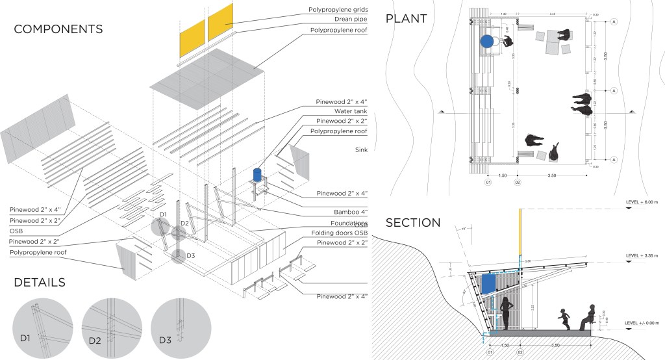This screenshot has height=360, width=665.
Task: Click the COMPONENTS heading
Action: coord(58,29)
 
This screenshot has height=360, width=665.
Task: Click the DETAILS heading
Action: coord(40,282)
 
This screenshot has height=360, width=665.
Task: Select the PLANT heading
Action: coord(406,18)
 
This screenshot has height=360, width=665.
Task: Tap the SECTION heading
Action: coord(414,222)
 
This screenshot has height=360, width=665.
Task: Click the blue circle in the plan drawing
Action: coord(487,42)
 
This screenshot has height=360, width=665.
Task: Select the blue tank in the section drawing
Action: coord(488,282)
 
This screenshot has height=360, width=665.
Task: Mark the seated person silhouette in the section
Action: coord(587,316)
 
